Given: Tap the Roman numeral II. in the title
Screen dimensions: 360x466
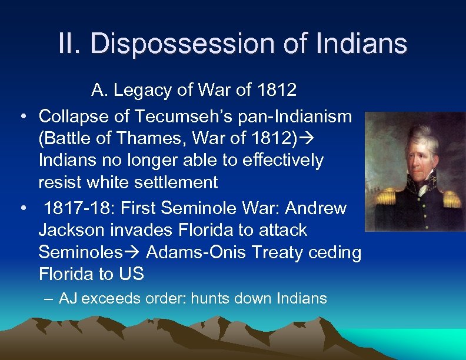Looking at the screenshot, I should [x=71, y=44].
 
